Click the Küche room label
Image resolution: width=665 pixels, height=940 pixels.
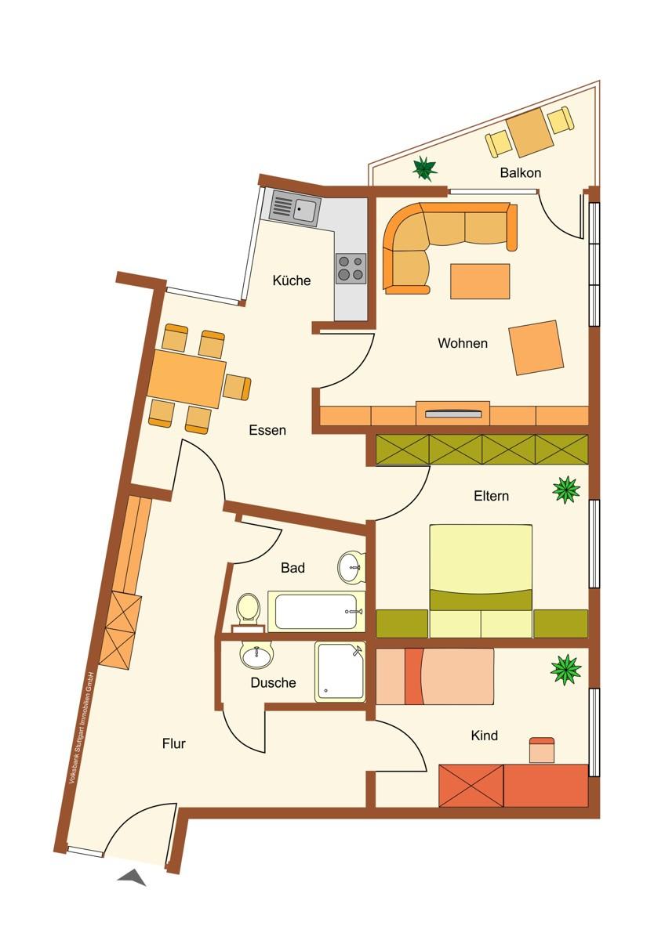(x=292, y=280)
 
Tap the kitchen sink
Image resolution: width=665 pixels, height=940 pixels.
(x=295, y=208)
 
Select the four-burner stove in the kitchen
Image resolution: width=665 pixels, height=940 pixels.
(x=351, y=268)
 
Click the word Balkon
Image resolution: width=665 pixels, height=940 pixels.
(x=521, y=172)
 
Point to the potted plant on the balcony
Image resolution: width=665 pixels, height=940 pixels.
(x=424, y=167)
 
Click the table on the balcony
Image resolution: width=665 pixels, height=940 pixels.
(x=529, y=132)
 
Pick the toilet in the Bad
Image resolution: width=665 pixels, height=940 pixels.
(x=248, y=609)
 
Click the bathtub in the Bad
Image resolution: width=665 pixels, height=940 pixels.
(x=316, y=611)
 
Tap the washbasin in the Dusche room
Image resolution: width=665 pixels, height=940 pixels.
(x=256, y=655)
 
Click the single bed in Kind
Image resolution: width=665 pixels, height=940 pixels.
(x=435, y=676)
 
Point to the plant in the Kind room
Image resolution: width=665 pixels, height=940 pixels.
(x=565, y=670)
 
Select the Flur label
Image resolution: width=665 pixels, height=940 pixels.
(x=174, y=743)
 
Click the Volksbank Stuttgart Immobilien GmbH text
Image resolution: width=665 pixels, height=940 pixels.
(x=82, y=727)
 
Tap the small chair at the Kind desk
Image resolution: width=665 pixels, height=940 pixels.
(x=542, y=750)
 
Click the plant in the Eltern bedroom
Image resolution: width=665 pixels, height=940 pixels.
(x=565, y=490)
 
